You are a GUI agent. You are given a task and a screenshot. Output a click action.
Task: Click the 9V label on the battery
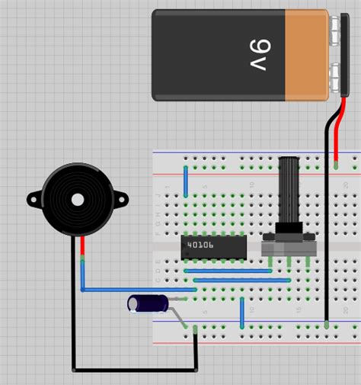tap(258, 54)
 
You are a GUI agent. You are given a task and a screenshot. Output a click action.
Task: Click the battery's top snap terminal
tap(335, 31)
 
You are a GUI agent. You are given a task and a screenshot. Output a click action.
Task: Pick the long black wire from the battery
tap(327, 229)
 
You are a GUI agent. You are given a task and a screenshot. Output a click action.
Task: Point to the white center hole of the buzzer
tap(77, 201)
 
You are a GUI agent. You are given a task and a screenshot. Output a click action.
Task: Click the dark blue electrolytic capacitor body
tap(146, 304)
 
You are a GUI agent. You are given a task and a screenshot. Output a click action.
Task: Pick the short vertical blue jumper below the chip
tap(242, 311)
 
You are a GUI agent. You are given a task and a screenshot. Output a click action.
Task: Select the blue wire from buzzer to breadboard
tap(137, 290)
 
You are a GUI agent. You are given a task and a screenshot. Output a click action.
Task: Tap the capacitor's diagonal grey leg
tap(182, 316)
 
